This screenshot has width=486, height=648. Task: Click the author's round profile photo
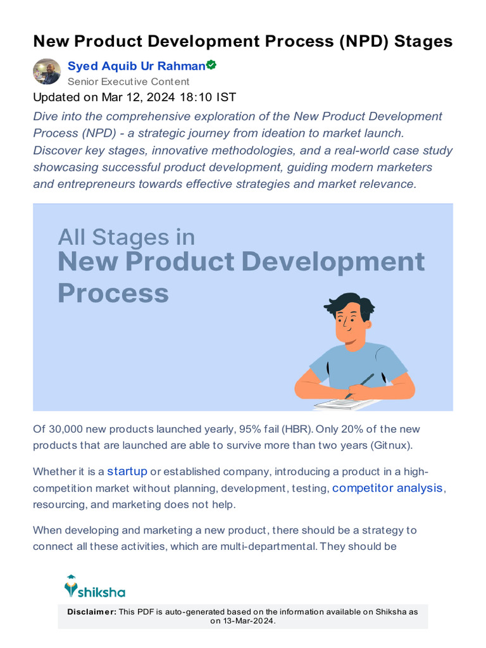(x=47, y=72)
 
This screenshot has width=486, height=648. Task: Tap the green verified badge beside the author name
(x=211, y=65)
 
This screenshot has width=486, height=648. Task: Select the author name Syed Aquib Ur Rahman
(x=136, y=66)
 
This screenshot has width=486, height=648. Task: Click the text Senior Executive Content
(x=128, y=82)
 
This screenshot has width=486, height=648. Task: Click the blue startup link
(x=127, y=471)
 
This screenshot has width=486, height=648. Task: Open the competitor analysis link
(x=388, y=487)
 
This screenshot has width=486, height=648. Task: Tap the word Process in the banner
(x=113, y=294)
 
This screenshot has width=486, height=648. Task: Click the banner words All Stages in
(x=127, y=237)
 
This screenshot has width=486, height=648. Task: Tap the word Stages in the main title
(x=423, y=41)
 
